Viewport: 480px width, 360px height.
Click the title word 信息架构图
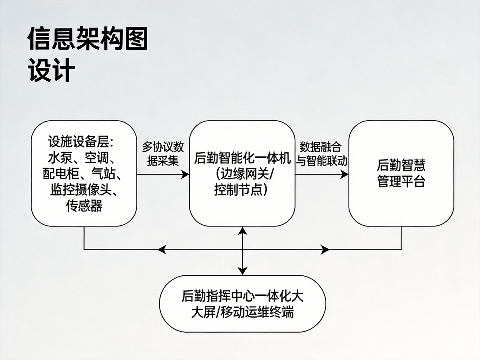coord(88,39)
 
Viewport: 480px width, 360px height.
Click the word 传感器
coord(84,206)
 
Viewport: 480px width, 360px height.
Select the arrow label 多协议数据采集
coord(163,154)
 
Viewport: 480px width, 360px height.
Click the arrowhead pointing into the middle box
coord(185,175)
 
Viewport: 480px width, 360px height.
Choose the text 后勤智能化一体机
coord(242,158)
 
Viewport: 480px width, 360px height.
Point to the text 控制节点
coord(238,189)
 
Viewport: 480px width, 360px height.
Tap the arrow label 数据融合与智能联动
coord(321,154)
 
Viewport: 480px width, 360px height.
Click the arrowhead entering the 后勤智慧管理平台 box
coord(345,175)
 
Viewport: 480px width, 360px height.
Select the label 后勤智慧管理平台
coord(401,173)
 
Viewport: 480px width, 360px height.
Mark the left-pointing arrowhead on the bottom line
coord(162,249)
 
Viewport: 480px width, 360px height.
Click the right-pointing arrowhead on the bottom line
coord(325,249)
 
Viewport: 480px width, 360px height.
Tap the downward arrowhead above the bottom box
coord(243,271)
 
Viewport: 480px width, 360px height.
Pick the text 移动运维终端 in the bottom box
coord(257,312)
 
